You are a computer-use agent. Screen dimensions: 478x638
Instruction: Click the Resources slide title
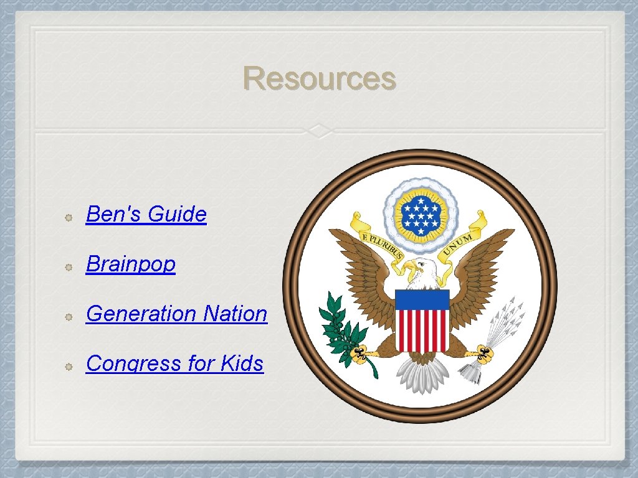319,79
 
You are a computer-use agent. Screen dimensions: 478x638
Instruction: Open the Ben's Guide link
146,214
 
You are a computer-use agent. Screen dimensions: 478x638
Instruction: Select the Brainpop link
131,264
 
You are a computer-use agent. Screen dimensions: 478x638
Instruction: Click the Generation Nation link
176,314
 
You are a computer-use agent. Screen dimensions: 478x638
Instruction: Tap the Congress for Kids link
174,363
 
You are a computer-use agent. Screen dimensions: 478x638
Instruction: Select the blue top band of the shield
422,299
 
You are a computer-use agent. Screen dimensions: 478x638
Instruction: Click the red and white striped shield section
422,330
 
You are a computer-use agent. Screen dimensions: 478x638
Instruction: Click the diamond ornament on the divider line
319,131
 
